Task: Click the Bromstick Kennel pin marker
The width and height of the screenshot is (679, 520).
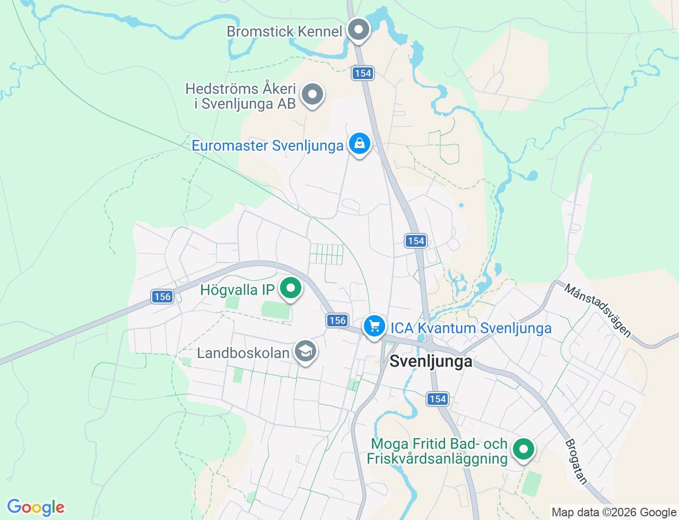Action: click(x=359, y=30)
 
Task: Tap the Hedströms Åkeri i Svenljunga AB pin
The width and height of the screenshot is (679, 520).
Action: click(x=312, y=95)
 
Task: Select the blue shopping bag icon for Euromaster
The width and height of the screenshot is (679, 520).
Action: click(x=360, y=144)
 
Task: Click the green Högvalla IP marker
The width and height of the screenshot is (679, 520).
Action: click(x=290, y=289)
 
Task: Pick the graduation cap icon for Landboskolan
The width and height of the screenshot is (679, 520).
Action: click(x=306, y=351)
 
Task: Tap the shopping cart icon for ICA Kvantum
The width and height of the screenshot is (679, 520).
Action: click(x=375, y=326)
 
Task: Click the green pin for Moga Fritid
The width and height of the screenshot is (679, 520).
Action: click(x=524, y=449)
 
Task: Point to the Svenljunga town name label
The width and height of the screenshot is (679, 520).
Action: click(x=431, y=361)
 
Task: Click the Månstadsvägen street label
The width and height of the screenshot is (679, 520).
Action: click(x=598, y=311)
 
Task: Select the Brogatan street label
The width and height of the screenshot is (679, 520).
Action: click(x=577, y=461)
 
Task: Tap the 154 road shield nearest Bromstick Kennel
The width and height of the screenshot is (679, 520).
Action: click(x=363, y=73)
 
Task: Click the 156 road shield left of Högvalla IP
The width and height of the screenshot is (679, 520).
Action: click(x=162, y=296)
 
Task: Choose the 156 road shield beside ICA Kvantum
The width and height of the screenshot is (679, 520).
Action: click(x=337, y=320)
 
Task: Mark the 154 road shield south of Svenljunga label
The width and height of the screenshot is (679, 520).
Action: click(x=438, y=398)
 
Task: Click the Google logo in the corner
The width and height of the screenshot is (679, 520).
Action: click(x=36, y=507)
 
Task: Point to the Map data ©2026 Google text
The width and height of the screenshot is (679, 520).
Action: click(x=614, y=512)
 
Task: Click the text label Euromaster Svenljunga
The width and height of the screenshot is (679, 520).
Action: click(x=267, y=145)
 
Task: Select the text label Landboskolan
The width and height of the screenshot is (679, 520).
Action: click(x=243, y=353)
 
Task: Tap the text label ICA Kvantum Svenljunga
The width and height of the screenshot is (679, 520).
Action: click(x=471, y=328)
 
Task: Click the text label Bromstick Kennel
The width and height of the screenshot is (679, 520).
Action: click(x=284, y=31)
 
